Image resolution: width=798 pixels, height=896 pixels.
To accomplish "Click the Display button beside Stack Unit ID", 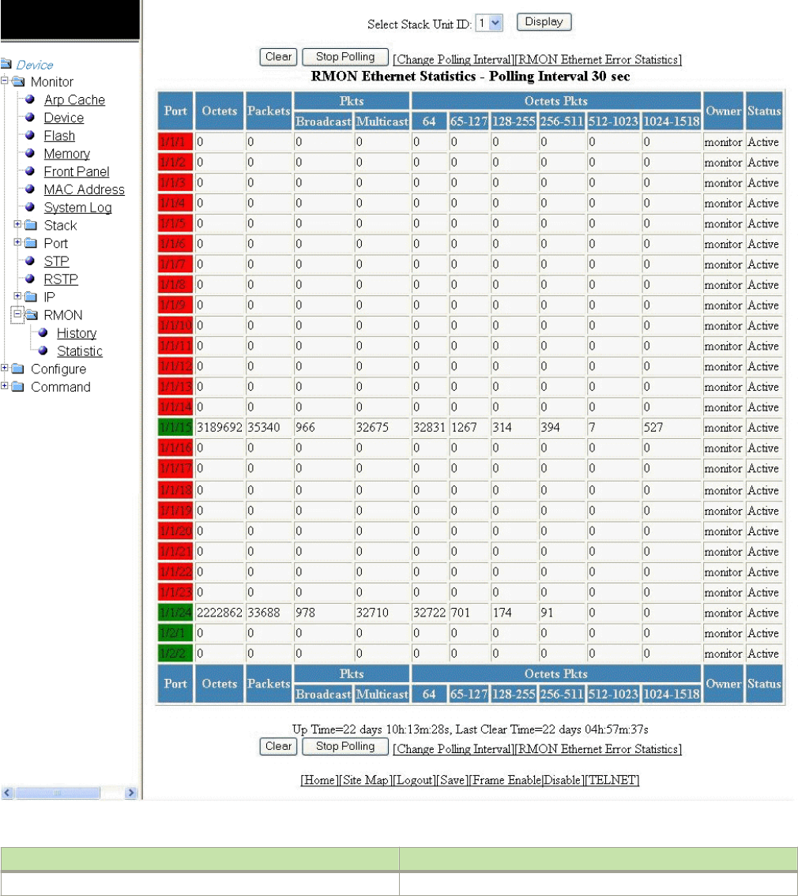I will tap(544, 22).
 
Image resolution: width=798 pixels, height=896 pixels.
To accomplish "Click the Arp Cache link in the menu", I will tap(74, 100).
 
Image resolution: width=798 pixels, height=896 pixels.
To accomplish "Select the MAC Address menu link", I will tap(84, 190).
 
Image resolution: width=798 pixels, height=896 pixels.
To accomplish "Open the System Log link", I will tap(77, 208).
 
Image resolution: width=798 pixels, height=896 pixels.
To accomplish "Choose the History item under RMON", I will tap(77, 333).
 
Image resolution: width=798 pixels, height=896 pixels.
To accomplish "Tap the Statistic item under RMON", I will tap(79, 351).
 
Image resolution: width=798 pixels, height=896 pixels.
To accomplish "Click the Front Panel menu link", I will tap(77, 172).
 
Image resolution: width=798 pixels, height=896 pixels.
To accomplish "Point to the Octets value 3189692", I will tap(219, 429).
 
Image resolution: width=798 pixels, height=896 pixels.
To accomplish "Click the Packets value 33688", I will tap(265, 613).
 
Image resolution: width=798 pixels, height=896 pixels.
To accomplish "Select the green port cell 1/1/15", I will tap(175, 429).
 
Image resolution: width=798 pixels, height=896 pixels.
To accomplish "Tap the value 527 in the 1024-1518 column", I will tap(653, 429).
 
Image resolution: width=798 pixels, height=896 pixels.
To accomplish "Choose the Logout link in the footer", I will tap(414, 780).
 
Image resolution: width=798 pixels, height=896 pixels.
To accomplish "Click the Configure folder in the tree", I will tap(58, 369).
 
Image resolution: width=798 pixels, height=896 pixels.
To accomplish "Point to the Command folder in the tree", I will tap(60, 388).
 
